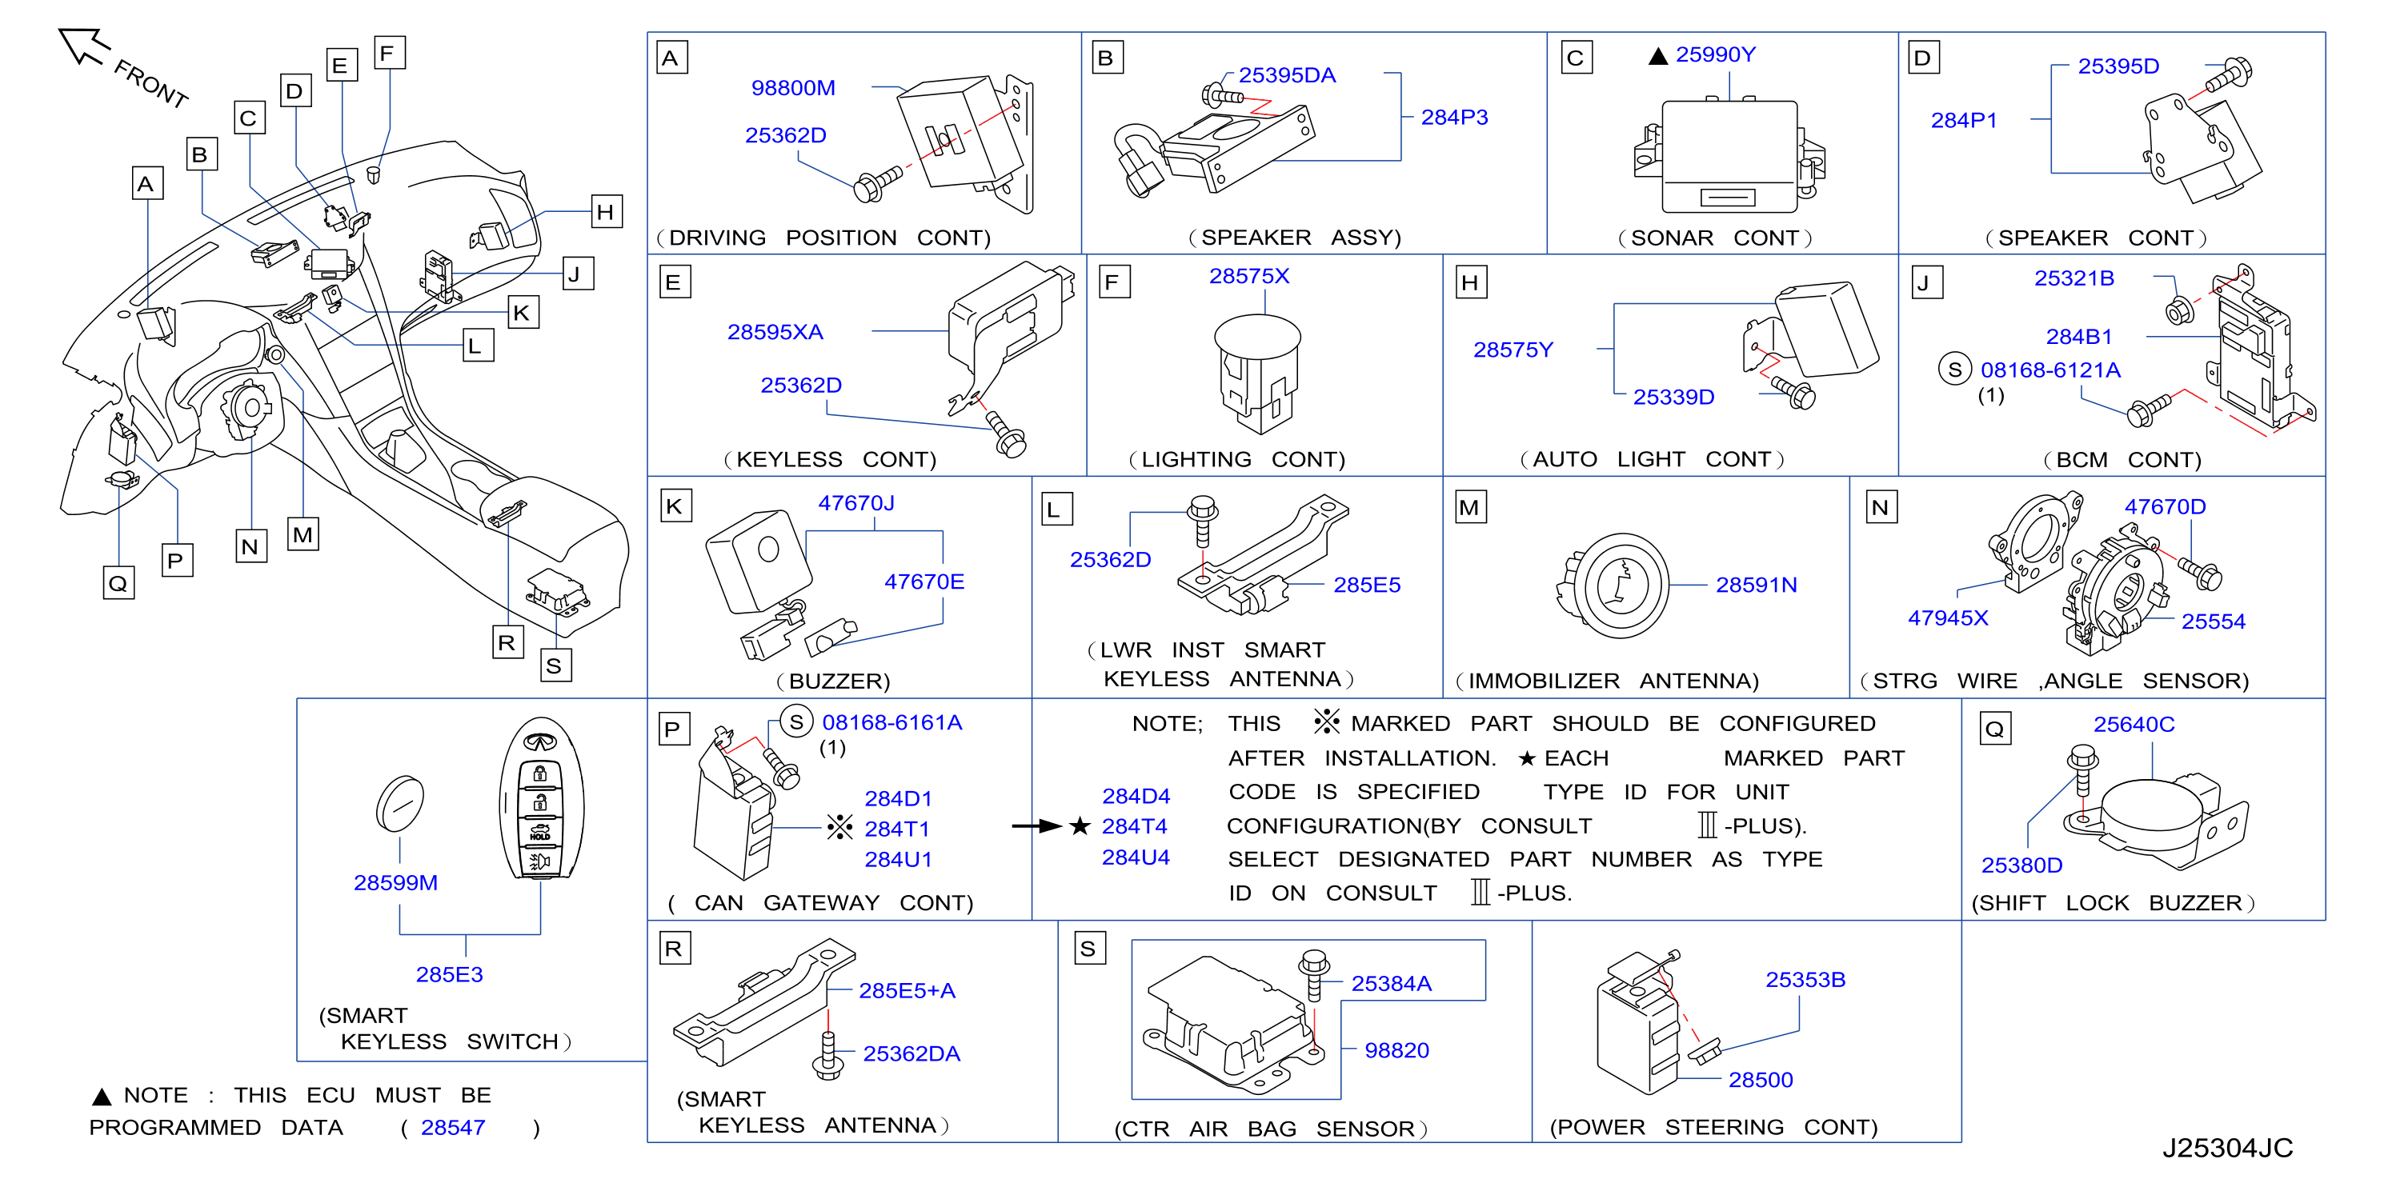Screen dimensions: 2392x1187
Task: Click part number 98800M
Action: point(793,88)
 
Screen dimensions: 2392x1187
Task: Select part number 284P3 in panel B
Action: point(1454,118)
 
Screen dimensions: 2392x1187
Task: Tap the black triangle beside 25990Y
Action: point(1657,57)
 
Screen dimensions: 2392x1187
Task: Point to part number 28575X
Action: point(1249,277)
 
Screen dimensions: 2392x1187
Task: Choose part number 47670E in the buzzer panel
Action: point(924,582)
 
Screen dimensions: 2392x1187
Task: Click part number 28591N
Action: point(1756,585)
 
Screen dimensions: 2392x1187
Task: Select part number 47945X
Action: point(1948,618)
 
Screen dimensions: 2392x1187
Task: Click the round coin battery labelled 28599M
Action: point(400,804)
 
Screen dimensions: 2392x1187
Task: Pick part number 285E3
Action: point(450,974)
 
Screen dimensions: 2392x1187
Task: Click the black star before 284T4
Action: point(1080,826)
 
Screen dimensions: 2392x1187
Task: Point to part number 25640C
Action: point(2134,725)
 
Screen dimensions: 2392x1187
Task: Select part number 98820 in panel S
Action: point(1396,1050)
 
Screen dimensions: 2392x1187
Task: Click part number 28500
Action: point(1761,1081)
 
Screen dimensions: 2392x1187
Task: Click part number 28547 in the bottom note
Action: point(453,1128)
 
